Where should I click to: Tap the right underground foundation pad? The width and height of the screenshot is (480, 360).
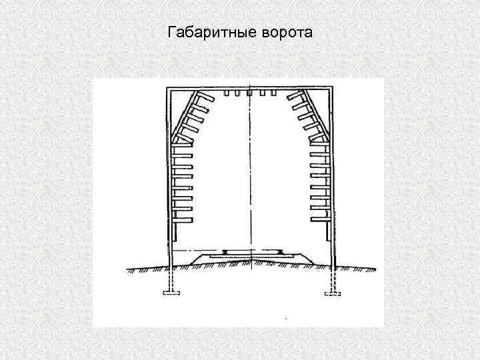click(331, 293)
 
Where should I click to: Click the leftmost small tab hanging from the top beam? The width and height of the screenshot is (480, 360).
click(227, 93)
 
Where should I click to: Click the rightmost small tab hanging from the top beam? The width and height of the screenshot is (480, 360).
click(273, 93)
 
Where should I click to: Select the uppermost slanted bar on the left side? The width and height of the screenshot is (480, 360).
click(203, 97)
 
